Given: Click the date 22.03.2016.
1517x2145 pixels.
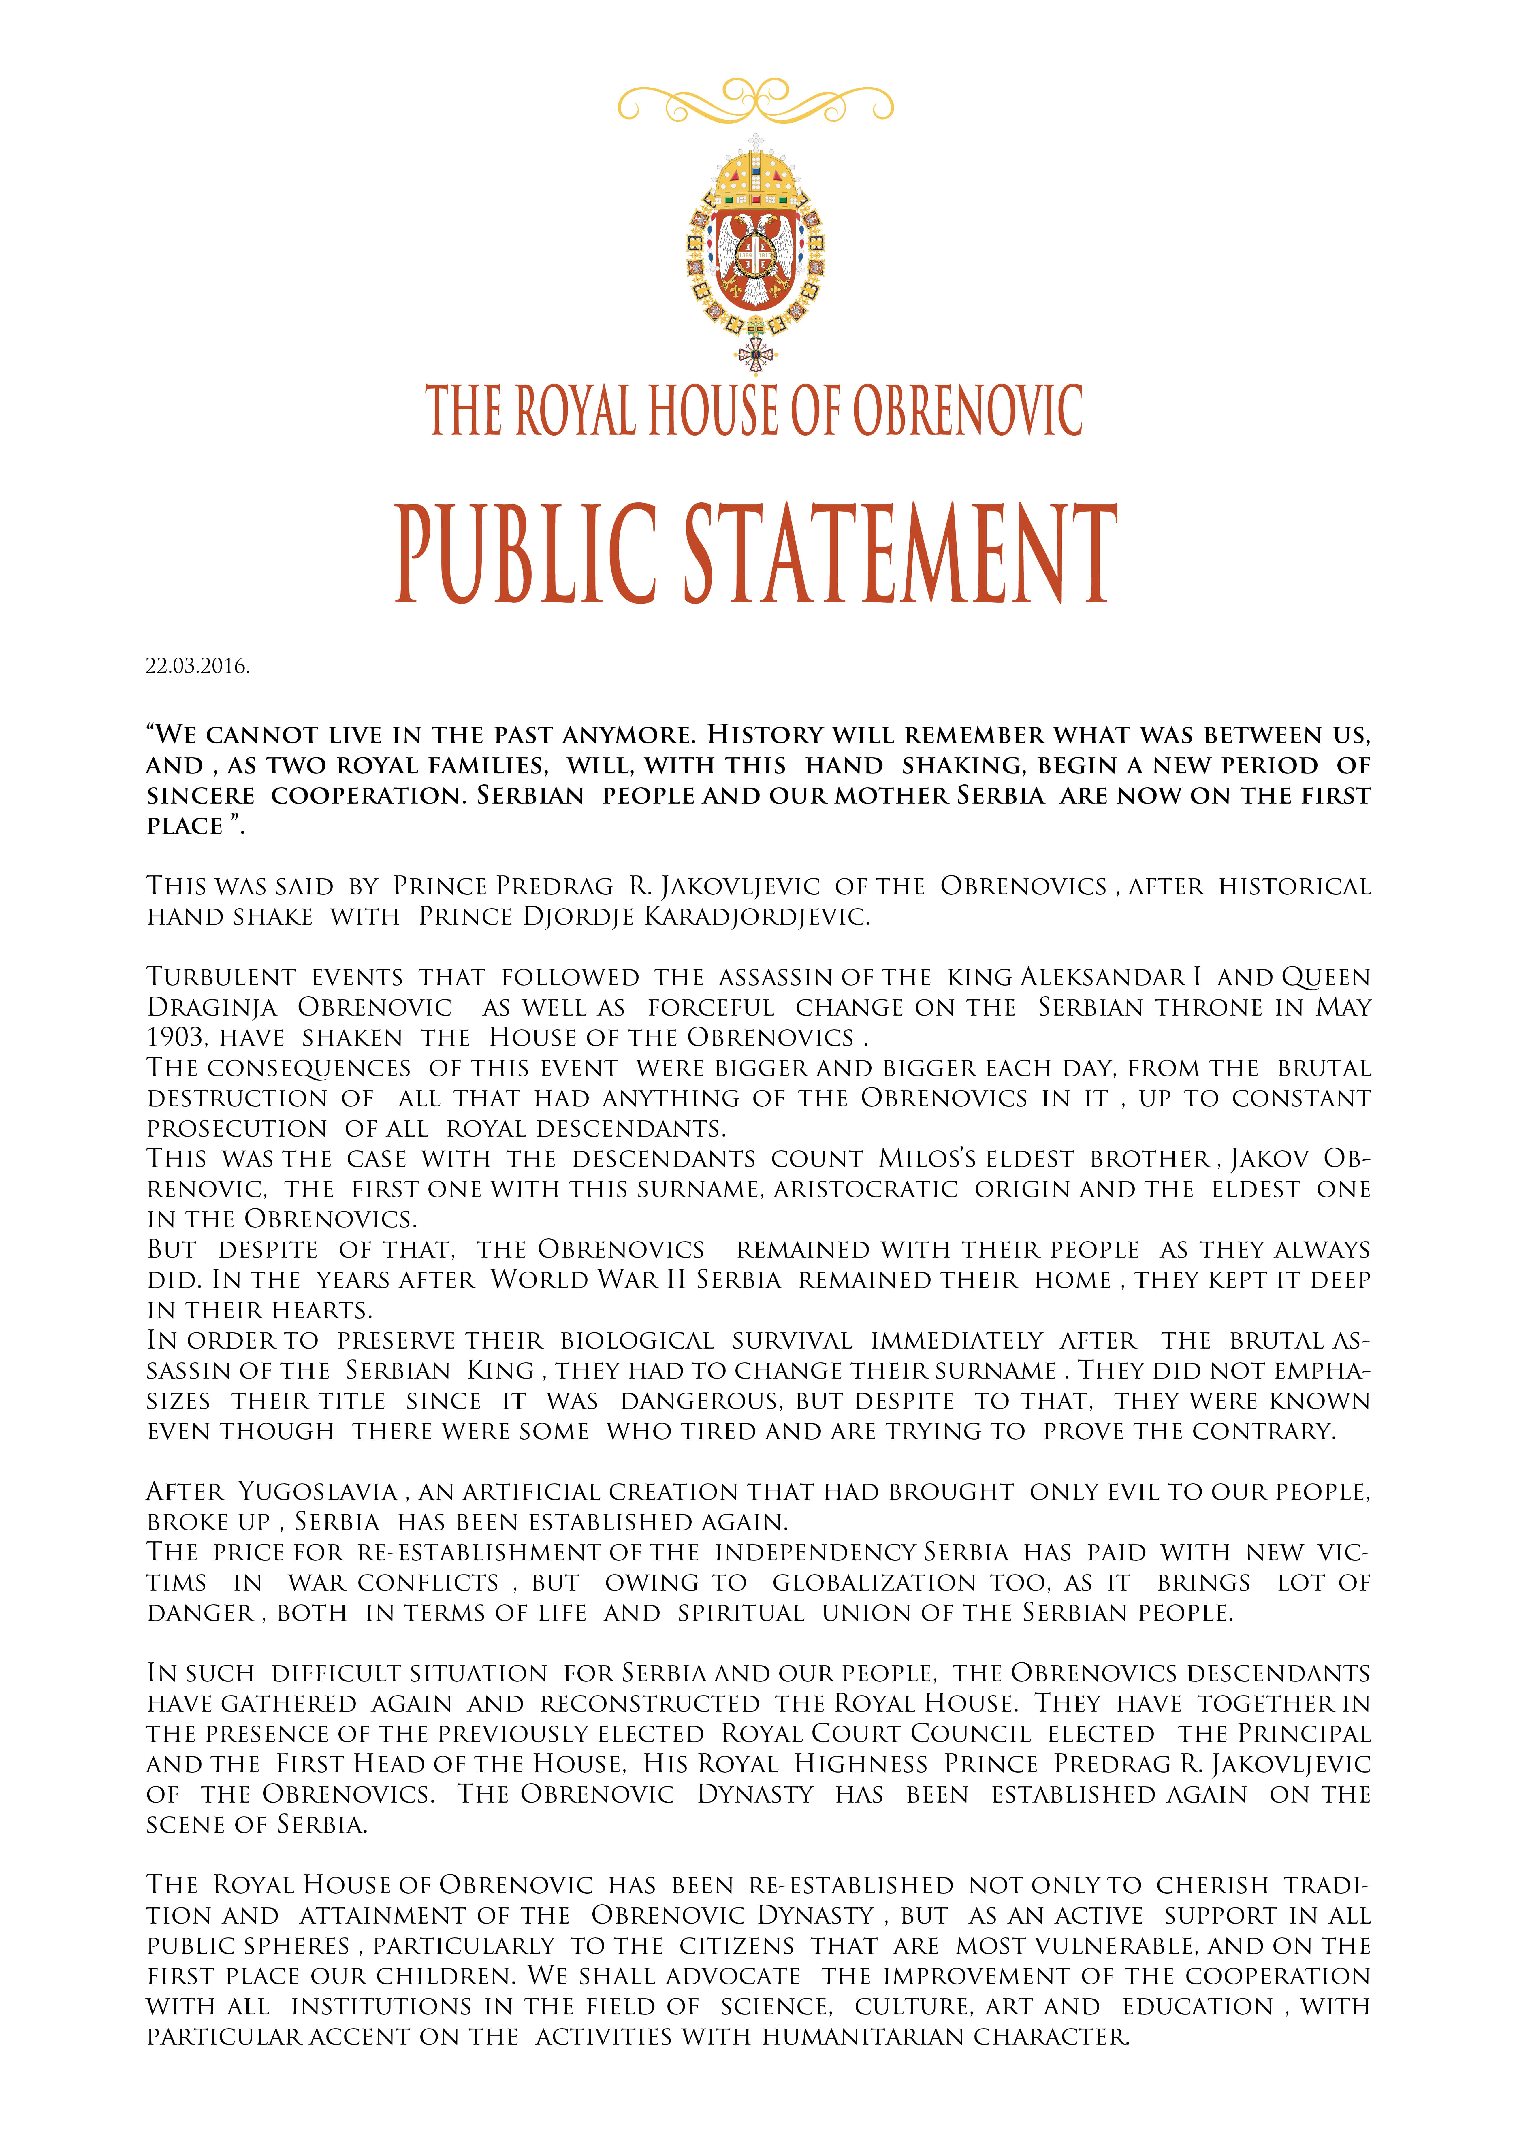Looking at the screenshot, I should (x=197, y=666).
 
